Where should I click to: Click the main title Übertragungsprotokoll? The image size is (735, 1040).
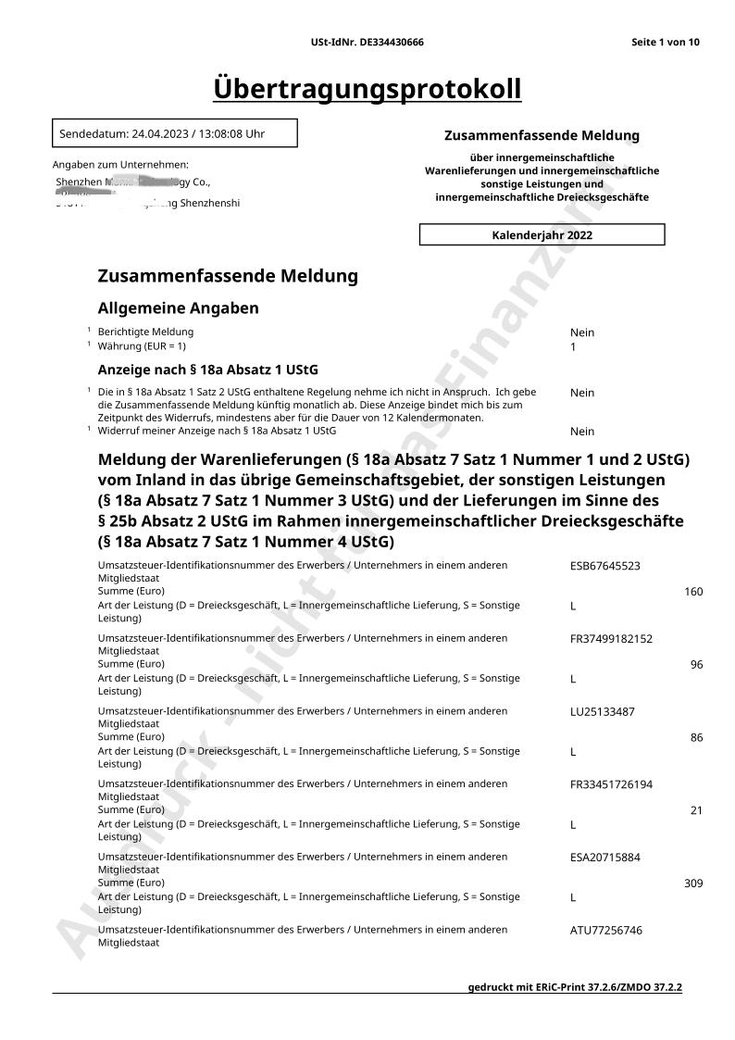coord(367,89)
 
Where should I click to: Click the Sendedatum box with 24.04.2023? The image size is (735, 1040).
coord(175,133)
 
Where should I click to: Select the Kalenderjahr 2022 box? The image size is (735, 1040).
coord(542,235)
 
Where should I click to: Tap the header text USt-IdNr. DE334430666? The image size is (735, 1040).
coord(367,43)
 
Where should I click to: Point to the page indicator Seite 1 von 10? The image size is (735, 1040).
coord(665,43)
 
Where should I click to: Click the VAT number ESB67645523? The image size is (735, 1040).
coord(604,566)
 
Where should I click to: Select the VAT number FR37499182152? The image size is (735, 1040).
coord(611,639)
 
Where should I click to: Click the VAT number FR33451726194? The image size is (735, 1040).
coord(611,784)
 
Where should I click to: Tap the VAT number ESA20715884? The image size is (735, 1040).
coord(604,858)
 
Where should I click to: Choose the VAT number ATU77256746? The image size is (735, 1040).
coord(605,930)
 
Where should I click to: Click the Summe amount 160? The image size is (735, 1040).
coord(693,592)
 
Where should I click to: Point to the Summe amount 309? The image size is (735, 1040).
coord(693,883)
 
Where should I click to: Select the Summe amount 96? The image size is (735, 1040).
coord(696,665)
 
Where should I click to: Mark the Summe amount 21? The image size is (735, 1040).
coord(696,810)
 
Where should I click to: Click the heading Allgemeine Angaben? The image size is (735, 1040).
coord(178,308)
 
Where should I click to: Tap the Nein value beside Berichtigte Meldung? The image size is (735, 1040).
coord(582,332)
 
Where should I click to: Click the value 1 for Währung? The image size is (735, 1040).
coord(573,347)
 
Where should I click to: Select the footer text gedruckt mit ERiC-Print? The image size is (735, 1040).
coord(575,987)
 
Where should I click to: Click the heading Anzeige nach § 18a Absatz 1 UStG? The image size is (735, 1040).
coord(207,370)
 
